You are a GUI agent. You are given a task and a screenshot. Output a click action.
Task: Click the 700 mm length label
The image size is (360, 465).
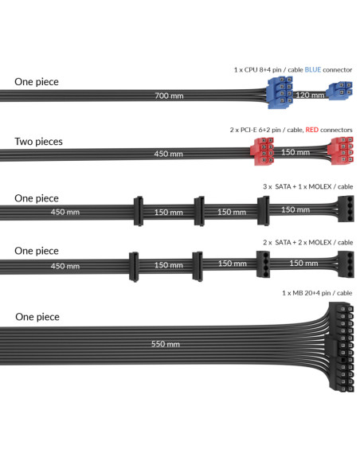(x=169, y=96)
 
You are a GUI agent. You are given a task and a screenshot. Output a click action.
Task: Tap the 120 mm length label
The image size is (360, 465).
(x=310, y=96)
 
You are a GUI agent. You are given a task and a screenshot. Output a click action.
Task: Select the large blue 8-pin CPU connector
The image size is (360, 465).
(x=280, y=92)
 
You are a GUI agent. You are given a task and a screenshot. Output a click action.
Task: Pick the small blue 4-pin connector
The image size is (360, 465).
(x=340, y=91)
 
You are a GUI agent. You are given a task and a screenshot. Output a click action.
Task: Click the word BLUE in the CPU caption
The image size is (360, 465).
(x=313, y=70)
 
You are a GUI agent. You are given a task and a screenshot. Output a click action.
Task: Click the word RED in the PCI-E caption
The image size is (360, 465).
(x=312, y=130)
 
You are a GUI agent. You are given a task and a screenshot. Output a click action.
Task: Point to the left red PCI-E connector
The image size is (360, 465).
(x=262, y=151)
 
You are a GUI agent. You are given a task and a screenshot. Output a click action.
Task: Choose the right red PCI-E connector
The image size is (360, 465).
(x=341, y=150)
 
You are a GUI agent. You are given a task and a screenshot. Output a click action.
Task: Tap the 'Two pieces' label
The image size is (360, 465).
(x=38, y=142)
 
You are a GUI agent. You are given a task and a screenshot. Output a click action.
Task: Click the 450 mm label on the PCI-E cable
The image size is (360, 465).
(x=168, y=154)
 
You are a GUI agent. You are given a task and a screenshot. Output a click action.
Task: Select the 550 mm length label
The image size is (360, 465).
(x=166, y=344)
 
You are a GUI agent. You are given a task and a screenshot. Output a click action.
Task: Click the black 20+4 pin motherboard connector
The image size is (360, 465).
(x=341, y=347)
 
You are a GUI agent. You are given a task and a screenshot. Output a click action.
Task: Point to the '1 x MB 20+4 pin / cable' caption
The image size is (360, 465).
(x=317, y=293)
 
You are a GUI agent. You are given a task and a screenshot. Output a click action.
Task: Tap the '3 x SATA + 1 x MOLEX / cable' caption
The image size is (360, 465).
(x=307, y=186)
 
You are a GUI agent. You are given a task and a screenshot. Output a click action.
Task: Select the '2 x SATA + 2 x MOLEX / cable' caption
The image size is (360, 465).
(x=307, y=242)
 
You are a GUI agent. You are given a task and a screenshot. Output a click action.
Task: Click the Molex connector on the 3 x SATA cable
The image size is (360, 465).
(x=346, y=209)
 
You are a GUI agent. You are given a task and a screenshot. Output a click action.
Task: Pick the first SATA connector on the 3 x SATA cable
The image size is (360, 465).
(x=139, y=211)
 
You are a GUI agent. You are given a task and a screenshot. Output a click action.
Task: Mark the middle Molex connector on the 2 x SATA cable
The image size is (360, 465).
(x=264, y=264)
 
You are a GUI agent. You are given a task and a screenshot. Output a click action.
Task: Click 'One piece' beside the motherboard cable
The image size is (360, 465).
(x=37, y=317)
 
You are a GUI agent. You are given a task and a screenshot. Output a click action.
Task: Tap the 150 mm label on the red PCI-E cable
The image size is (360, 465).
(x=295, y=152)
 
